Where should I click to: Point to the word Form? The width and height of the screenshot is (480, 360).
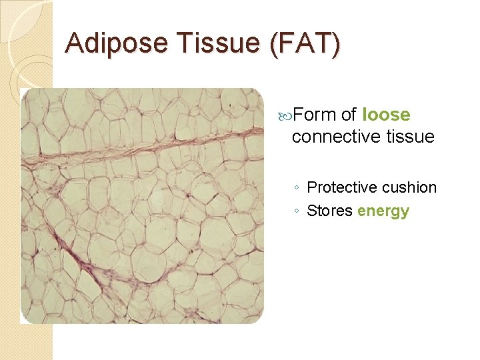click(x=315, y=115)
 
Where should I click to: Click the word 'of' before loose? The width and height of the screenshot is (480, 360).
click(x=349, y=115)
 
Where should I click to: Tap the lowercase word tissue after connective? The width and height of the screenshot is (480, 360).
click(x=410, y=137)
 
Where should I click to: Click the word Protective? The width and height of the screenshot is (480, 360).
click(x=343, y=188)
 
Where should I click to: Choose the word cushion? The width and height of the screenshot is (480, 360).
click(x=411, y=188)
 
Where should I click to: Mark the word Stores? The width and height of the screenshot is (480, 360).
click(x=329, y=211)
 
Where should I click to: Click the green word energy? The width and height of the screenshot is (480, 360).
click(x=383, y=212)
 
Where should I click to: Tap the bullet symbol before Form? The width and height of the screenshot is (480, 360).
click(x=287, y=115)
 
